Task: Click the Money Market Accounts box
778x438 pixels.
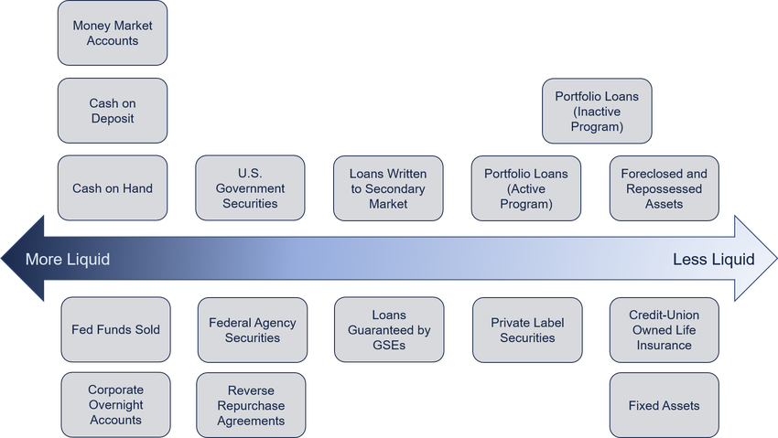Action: click(x=113, y=33)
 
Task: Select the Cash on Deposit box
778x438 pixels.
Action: click(x=113, y=111)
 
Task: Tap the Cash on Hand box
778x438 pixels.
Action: click(x=113, y=187)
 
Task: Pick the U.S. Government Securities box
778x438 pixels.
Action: click(x=250, y=187)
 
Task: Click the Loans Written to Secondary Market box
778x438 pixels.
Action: click(x=388, y=187)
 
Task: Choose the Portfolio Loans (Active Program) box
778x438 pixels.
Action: click(x=525, y=187)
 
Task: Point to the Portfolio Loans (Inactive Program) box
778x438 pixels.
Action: click(x=596, y=111)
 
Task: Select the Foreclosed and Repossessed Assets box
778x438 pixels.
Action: click(x=664, y=187)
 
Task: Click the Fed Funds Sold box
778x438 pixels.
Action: click(x=115, y=329)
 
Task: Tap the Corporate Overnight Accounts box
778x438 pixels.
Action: click(x=115, y=404)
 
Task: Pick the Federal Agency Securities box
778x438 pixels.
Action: click(x=253, y=329)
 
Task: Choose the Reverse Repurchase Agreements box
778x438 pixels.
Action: click(x=251, y=404)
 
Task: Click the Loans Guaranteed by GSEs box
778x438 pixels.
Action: click(x=389, y=329)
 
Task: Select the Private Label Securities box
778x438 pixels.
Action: click(x=527, y=329)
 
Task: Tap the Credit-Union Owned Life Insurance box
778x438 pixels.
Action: click(x=665, y=329)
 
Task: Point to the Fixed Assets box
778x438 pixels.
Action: click(x=664, y=404)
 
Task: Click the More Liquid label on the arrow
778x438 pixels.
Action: click(x=68, y=260)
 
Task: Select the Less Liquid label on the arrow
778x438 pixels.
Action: click(x=713, y=260)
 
